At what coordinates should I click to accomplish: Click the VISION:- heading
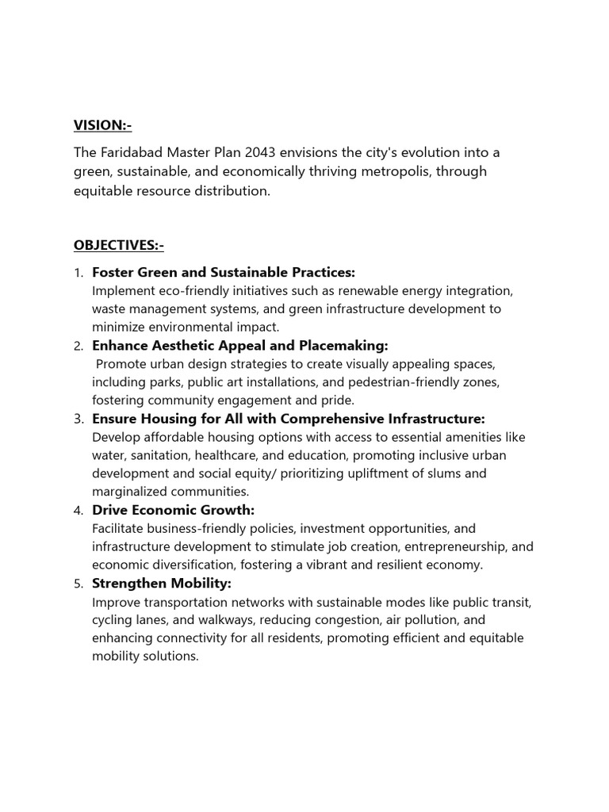pos(102,124)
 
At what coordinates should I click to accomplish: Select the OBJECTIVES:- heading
pos(118,245)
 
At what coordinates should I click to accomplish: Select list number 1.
pos(79,274)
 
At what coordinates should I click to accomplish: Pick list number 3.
pos(79,419)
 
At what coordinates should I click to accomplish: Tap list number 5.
pos(79,584)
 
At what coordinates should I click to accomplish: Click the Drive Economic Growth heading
pos(174,510)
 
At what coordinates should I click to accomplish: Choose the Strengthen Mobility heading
pos(162,584)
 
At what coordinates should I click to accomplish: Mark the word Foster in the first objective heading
pos(113,273)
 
